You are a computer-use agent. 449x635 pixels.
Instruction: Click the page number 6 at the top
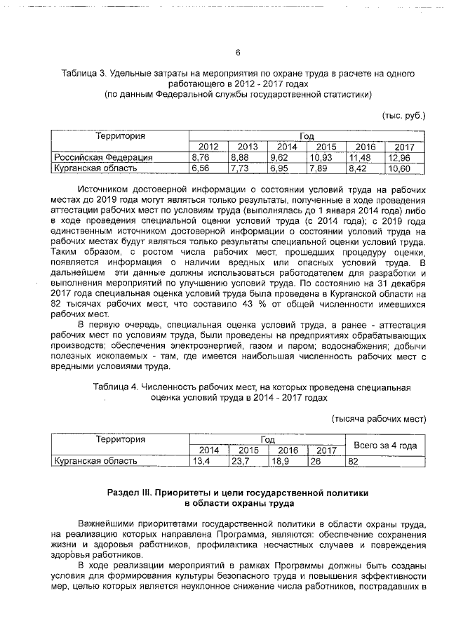coord(237,53)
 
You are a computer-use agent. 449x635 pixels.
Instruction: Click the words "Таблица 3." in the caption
coord(82,73)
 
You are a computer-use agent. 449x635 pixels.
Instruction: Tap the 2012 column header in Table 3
coord(208,147)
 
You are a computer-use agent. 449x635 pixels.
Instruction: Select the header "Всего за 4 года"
coord(384,445)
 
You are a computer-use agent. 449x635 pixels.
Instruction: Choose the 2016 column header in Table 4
coord(288,450)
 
